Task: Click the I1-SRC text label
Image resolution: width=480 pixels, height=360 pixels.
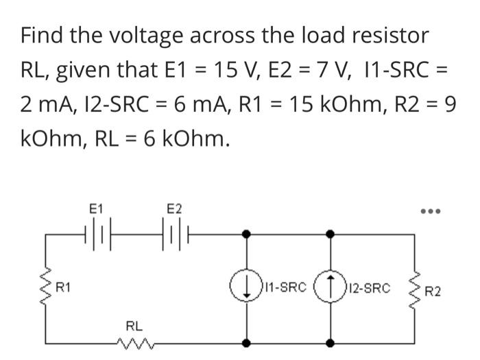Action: click(284, 288)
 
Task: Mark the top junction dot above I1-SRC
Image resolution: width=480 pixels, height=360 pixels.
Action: click(247, 235)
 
